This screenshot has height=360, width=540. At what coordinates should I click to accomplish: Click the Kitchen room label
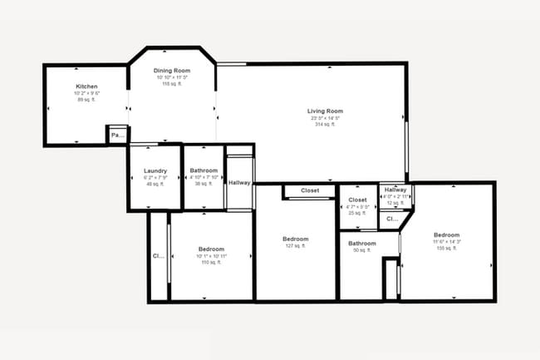point(87,86)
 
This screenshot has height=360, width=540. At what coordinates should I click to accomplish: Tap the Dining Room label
point(172,72)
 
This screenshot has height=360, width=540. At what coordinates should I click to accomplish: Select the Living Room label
point(325,111)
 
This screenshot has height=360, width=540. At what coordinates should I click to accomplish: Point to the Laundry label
point(155,171)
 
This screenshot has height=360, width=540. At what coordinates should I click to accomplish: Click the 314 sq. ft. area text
point(325,125)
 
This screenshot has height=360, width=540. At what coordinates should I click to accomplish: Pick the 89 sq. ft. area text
point(87,100)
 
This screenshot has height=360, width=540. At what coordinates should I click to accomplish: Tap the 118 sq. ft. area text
point(172,85)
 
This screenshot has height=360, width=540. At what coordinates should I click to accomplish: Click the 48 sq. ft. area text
point(155,184)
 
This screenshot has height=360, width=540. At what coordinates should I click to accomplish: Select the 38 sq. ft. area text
point(204,184)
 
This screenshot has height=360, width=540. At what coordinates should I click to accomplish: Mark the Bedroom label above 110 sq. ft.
point(211,249)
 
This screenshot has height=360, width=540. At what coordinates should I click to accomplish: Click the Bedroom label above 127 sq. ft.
point(297,239)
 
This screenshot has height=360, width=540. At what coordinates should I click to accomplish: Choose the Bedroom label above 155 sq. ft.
point(446,235)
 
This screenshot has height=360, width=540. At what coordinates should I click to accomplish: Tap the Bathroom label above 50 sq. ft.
point(362,244)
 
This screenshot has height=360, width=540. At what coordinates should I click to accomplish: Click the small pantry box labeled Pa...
point(117,135)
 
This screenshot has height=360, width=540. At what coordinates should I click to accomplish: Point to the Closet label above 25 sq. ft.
point(358,200)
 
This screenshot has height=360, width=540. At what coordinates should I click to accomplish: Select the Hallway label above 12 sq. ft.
point(395,190)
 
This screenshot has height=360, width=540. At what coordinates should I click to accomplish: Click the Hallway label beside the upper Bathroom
point(240,183)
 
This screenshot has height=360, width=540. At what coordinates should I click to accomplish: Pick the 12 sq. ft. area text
point(395,203)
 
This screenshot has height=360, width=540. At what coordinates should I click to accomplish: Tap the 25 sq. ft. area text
point(358,214)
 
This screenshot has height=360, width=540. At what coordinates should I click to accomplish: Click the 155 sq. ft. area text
point(446,249)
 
